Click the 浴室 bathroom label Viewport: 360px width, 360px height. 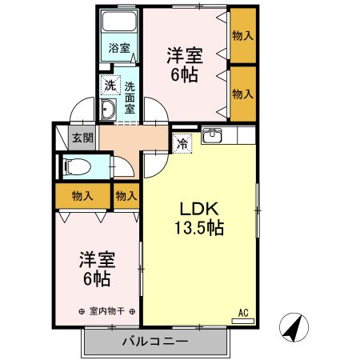tap(120, 48)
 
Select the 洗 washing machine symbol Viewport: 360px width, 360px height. tap(108, 83)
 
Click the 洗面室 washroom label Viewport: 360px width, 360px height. tap(129, 94)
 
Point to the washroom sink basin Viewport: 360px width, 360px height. tap(110, 110)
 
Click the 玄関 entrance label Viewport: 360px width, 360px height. tap(83, 138)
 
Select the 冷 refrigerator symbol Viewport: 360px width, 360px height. tap(182, 144)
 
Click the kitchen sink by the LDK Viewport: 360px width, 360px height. tap(213, 137)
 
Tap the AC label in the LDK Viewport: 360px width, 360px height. tap(243, 313)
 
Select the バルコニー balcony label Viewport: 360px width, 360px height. tap(155, 342)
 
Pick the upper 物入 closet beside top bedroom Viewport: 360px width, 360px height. tap(242, 36)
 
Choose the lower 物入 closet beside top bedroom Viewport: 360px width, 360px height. tap(242, 94)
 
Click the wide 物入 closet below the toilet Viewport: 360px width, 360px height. tap(82, 196)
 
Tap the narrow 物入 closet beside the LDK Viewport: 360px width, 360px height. tap(126, 196)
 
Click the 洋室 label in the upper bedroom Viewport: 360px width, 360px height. tap(184, 55)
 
